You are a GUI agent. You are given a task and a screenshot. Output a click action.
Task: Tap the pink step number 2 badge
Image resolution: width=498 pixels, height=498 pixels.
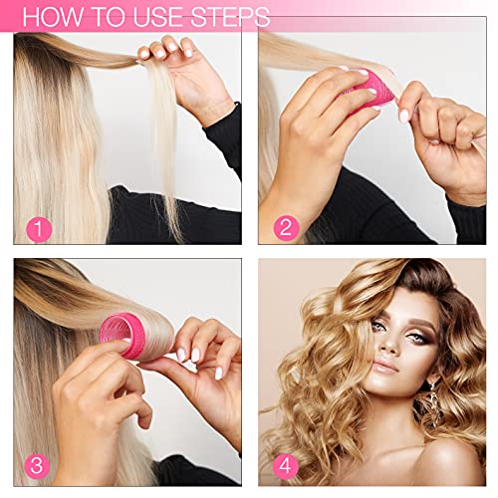(285, 227)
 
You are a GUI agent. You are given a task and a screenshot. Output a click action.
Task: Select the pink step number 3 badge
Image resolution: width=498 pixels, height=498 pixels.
(39, 465)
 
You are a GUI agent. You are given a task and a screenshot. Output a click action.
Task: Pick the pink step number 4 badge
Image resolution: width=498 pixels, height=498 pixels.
(285, 465)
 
